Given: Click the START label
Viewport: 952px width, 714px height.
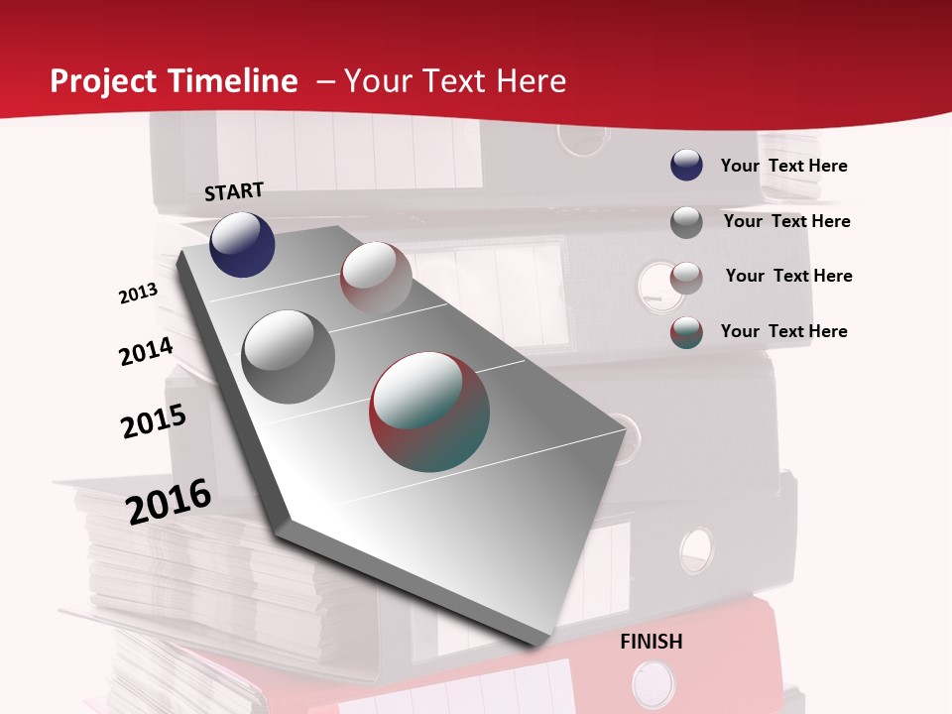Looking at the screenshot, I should point(234,191).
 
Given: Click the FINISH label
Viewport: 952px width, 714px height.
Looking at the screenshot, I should point(652,642).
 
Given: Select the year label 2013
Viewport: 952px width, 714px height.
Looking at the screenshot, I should point(138,294).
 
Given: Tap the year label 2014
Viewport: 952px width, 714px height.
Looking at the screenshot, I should point(146,351).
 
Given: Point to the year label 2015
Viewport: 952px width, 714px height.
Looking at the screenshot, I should point(154,420).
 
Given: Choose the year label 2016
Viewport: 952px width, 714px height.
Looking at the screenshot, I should point(169,501).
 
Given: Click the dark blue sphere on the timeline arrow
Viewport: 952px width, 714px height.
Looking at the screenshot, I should point(242,244).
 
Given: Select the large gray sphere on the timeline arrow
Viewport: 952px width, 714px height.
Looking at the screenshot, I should point(289,356).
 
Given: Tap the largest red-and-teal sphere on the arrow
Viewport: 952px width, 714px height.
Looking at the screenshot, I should point(429,412).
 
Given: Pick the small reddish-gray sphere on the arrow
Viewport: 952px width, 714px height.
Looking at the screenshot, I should point(376,278).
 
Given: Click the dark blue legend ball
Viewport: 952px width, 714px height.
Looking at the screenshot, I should point(686,165).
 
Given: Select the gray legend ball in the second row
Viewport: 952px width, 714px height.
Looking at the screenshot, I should point(686,222).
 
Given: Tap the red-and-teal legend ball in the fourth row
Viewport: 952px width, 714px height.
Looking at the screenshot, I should point(686,332).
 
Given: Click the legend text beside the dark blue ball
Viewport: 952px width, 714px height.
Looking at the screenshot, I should point(783,166).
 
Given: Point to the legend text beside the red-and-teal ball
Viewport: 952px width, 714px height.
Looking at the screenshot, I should point(783,331).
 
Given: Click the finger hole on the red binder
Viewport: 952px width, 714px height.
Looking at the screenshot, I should point(653,683).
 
